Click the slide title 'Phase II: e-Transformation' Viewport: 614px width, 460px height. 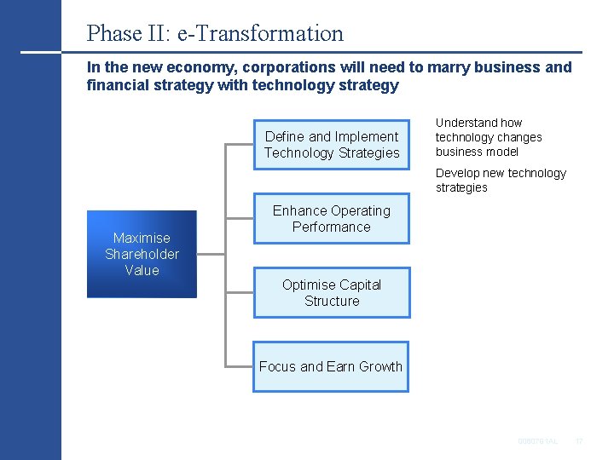[215, 33]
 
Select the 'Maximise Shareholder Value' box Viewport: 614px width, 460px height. [142, 254]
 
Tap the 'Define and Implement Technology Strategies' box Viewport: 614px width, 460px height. [332, 145]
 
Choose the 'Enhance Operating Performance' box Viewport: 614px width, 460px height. [332, 219]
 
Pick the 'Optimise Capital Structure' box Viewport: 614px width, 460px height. [332, 293]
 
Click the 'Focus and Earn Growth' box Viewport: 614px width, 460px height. [331, 366]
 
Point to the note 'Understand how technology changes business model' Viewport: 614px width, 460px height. [489, 137]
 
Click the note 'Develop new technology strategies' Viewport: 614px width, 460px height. [501, 180]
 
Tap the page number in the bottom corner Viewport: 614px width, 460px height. [578, 441]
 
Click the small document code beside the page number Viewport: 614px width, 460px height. [538, 441]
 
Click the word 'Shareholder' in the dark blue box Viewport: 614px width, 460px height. [142, 254]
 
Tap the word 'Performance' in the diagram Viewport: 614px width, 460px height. [332, 227]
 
